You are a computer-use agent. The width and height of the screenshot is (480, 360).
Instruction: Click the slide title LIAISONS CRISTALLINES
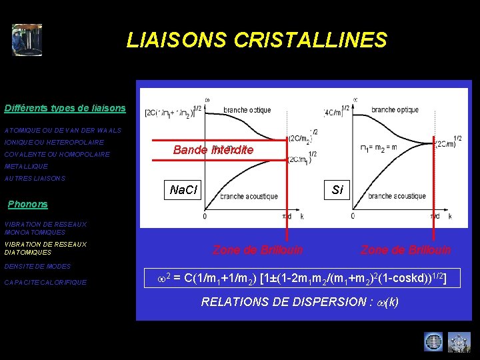[x=257, y=40]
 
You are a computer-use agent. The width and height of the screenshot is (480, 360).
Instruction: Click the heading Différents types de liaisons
[x=65, y=108]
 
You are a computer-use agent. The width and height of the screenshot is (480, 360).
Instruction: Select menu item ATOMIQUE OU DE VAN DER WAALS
[x=63, y=130]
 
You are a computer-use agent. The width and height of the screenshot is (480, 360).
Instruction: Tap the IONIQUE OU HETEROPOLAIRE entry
[x=54, y=142]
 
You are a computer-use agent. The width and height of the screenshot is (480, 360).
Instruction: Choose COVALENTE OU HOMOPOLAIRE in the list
[x=57, y=154]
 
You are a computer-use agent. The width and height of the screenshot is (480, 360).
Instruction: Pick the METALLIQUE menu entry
[x=26, y=166]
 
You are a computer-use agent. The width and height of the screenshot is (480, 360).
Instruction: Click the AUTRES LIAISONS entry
[x=35, y=178]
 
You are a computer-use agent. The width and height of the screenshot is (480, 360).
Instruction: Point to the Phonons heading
[x=27, y=204]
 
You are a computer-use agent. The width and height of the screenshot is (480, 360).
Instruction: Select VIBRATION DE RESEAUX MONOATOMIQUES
[x=45, y=229]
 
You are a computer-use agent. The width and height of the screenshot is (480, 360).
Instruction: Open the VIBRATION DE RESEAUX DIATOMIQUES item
[x=45, y=248]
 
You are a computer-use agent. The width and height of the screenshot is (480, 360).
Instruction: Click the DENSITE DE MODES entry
[x=37, y=266]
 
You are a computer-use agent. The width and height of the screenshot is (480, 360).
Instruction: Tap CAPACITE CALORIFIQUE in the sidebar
[x=45, y=282]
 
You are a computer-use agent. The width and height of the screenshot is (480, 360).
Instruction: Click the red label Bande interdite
[x=213, y=150]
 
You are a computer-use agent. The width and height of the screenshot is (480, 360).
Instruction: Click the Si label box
[x=337, y=190]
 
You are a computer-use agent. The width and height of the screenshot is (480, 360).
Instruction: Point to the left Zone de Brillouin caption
[x=257, y=249]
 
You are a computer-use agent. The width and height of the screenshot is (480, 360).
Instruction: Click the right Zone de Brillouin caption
[x=405, y=249]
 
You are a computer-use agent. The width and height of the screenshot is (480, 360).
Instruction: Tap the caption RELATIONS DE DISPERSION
[x=300, y=301]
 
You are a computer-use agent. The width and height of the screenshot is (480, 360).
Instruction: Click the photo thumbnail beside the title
[x=27, y=40]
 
